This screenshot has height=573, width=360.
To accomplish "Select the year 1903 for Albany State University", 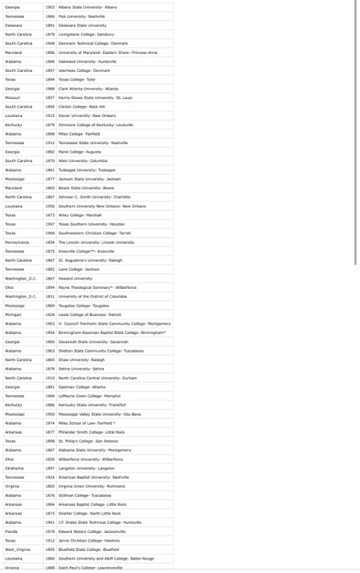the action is point(49,7).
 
